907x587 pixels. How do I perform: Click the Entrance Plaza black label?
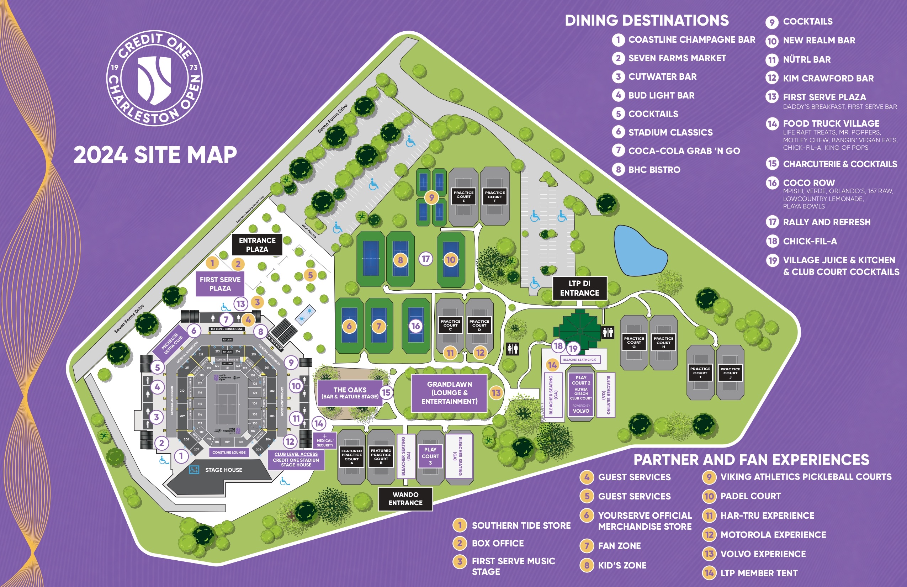[257, 245]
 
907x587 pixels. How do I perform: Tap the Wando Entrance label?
[405, 498]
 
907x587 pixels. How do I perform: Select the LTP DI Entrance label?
[579, 288]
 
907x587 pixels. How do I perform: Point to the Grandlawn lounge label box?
[449, 393]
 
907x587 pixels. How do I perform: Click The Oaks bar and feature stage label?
[350, 393]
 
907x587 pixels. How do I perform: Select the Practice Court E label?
[463, 196]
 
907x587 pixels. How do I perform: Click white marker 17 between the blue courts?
[426, 259]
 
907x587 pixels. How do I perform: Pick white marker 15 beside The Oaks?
[386, 392]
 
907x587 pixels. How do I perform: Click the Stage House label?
[223, 470]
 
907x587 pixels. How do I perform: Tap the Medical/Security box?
[325, 441]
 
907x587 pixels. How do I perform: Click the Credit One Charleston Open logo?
[154, 78]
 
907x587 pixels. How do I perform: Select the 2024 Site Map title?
[155, 155]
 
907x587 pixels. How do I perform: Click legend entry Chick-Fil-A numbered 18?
[810, 241]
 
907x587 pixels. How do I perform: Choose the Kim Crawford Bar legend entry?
[828, 78]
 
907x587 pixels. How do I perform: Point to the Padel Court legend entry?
[750, 496]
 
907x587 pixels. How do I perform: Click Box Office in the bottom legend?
[497, 543]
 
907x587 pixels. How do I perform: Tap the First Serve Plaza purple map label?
[220, 284]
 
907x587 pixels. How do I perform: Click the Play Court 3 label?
[430, 456]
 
